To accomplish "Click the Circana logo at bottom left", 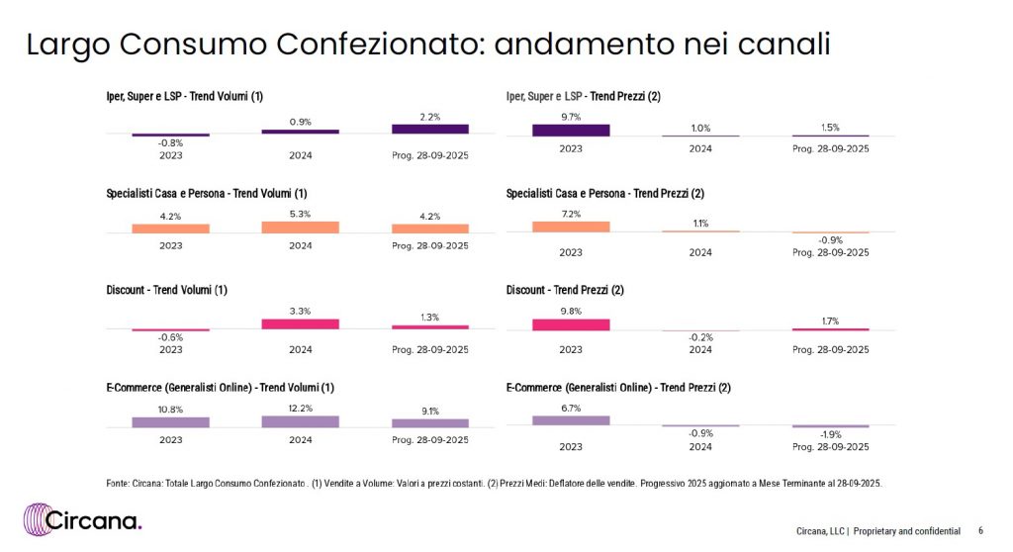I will [84, 520].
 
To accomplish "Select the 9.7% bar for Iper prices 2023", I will [571, 130].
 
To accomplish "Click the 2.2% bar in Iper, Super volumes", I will [430, 129].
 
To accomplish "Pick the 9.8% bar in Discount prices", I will [571, 324].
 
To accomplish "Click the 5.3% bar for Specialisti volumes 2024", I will [301, 228].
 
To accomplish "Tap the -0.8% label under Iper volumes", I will [171, 143].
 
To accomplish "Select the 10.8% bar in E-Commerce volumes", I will [171, 421].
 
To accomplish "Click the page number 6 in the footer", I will [980, 530].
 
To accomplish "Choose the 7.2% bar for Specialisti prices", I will [571, 227].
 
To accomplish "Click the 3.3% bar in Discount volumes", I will [301, 323].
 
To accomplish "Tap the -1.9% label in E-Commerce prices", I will [831, 435].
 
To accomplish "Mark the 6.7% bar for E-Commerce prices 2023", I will [571, 420].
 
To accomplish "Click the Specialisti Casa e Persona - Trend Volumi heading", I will [207, 193].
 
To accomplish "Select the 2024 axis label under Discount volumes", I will [301, 349].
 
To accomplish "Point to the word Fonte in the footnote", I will [118, 484].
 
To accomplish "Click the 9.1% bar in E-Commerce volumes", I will [430, 422].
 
